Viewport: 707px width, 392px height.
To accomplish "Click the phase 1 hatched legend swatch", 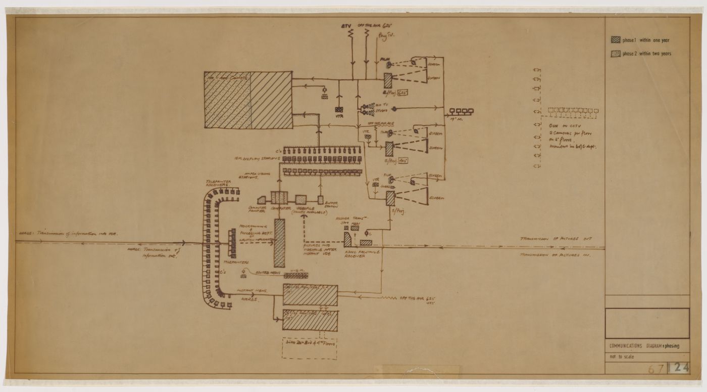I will [x=616, y=40].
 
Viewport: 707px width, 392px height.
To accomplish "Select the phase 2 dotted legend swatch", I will [x=616, y=54].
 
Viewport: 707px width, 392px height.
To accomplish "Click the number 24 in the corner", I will [x=681, y=368].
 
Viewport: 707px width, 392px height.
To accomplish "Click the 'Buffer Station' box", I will [x=320, y=199].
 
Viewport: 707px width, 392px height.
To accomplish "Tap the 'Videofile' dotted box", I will [x=301, y=198].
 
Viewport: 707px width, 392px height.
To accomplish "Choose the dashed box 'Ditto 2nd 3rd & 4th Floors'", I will [x=309, y=347].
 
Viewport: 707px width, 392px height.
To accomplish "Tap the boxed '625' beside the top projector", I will [x=402, y=93].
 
